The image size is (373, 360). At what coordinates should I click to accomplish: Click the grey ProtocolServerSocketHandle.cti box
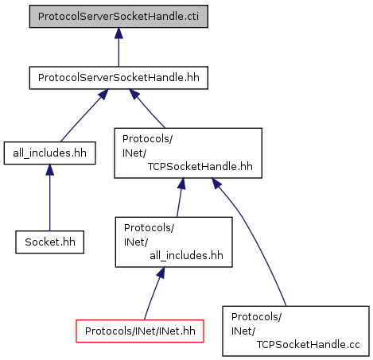coord(119,16)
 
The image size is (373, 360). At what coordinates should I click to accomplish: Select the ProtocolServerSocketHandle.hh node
coord(119,78)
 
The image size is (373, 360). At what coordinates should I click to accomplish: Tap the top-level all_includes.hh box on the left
coord(49,153)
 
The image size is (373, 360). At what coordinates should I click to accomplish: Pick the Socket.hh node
coord(50,242)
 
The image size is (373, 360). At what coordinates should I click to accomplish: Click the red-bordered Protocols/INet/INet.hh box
coord(140,331)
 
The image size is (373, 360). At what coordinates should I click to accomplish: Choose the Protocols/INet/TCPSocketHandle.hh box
coord(188,153)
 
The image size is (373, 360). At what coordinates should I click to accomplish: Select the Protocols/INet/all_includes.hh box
coord(173,242)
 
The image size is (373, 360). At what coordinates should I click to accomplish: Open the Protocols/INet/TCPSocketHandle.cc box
coord(296,331)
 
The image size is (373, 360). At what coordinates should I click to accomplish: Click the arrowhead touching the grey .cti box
coord(119,33)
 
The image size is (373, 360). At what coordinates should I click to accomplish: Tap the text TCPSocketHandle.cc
coord(308,345)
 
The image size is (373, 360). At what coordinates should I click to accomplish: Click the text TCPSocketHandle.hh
coord(200,167)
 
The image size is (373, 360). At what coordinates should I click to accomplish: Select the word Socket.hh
coord(50,242)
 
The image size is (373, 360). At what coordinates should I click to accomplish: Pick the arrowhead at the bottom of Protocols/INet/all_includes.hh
coord(161,273)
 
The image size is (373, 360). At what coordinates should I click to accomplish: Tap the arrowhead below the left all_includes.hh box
coord(49,170)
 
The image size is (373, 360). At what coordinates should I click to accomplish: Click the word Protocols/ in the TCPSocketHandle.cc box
coord(256,317)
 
